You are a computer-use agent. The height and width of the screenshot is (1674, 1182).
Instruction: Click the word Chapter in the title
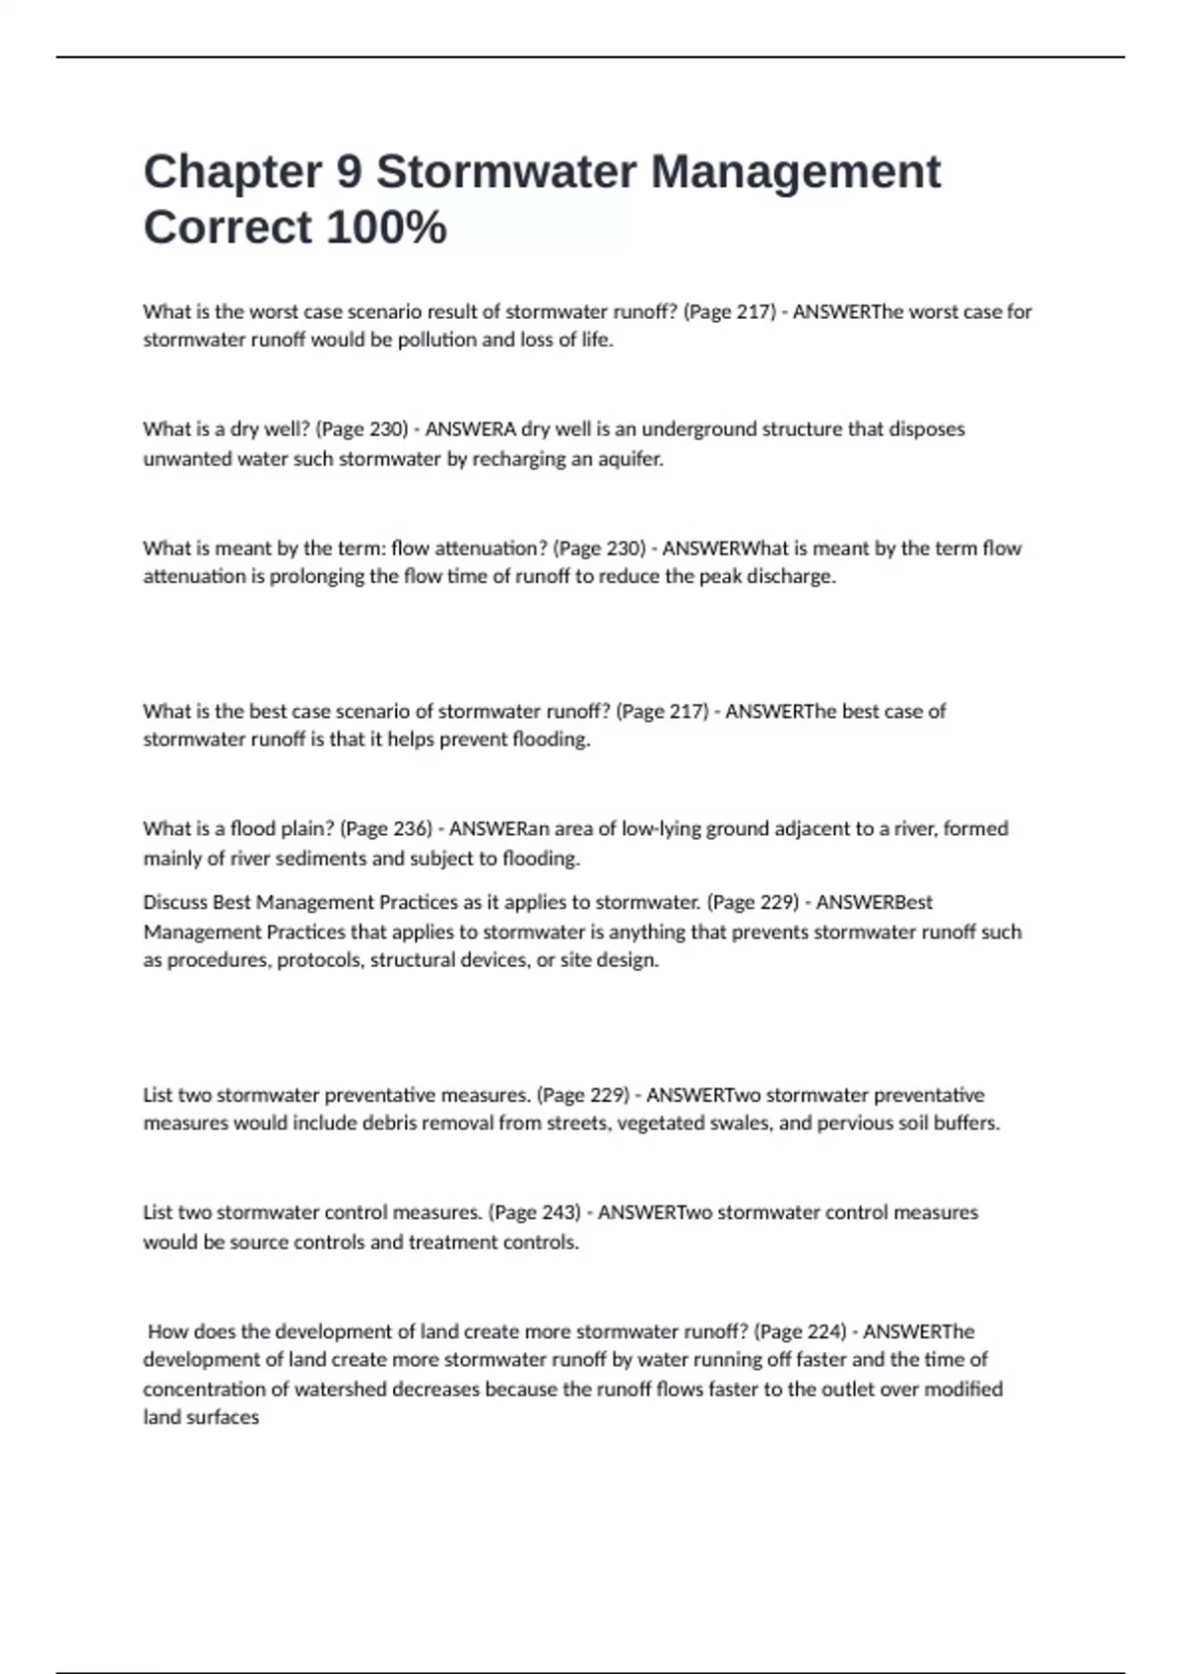point(232,171)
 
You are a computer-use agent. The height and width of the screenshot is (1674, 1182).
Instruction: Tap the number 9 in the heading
point(349,171)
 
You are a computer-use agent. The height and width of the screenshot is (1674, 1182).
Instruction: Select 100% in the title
point(386,227)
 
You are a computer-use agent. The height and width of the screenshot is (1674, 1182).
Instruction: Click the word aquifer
point(630,459)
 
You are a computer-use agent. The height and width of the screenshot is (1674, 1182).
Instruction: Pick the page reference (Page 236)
point(386,829)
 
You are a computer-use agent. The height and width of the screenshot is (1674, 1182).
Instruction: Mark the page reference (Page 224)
point(800,1332)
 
